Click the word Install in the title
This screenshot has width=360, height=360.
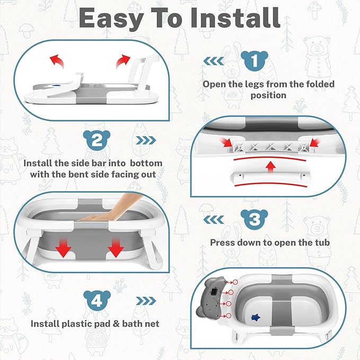(x=235, y=18)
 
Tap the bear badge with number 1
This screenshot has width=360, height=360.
(x=254, y=60)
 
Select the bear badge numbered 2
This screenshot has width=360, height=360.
(x=96, y=140)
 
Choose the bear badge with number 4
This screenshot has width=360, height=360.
(x=97, y=300)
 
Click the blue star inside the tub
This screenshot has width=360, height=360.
(x=256, y=318)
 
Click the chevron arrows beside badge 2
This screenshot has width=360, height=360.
(x=146, y=141)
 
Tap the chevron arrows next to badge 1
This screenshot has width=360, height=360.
(x=214, y=61)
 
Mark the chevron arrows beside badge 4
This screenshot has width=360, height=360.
(x=146, y=301)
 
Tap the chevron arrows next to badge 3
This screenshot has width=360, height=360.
(x=214, y=219)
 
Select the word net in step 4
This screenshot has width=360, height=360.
(x=152, y=324)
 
